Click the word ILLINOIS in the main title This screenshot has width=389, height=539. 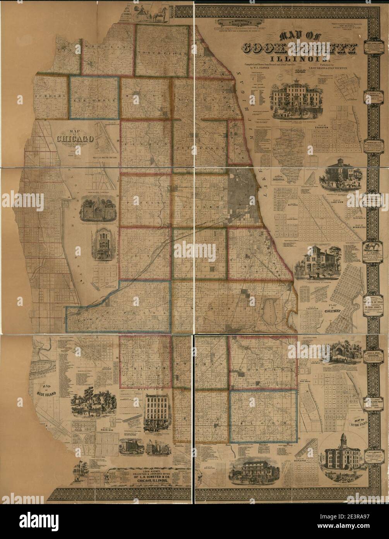(296, 59)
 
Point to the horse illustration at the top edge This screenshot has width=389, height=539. (159, 14)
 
